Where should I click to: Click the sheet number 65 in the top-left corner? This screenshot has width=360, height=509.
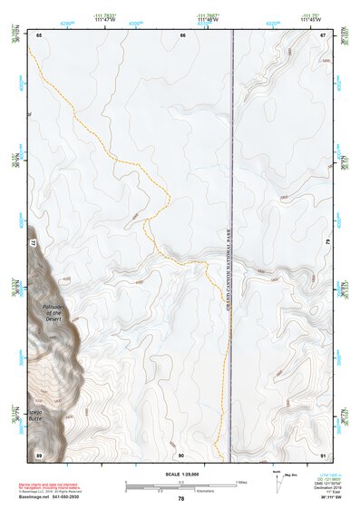tap(40, 34)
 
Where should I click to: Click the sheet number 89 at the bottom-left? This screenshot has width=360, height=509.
tap(39, 454)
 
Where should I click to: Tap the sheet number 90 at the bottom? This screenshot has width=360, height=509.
tap(181, 454)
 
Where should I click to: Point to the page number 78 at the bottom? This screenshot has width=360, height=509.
tap(181, 499)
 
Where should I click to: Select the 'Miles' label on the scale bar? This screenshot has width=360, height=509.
tap(240, 482)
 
